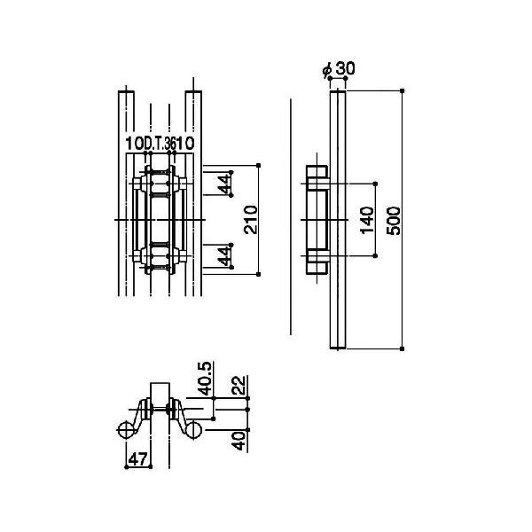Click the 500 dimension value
pyautogui.click(x=394, y=221)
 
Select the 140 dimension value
pyautogui.click(x=367, y=220)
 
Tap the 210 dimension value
pyautogui.click(x=251, y=220)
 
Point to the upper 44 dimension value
pyautogui.click(x=224, y=184)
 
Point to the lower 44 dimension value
pyautogui.click(x=224, y=256)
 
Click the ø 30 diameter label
pyautogui.click(x=339, y=68)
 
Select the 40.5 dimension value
pyautogui.click(x=205, y=379)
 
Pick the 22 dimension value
pyautogui.click(x=239, y=385)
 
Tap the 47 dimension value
pyautogui.click(x=138, y=459)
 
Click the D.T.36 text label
pyautogui.click(x=159, y=145)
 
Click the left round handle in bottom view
pyautogui.click(x=126, y=430)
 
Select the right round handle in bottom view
pyautogui.click(x=193, y=430)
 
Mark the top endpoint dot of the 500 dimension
pyautogui.click(x=403, y=90)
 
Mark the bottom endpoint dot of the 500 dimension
pyautogui.click(x=403, y=348)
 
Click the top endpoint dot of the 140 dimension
pyautogui.click(x=375, y=184)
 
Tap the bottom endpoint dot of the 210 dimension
pyautogui.click(x=259, y=274)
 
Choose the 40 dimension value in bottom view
pyautogui.click(x=239, y=441)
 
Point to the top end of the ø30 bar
pyautogui.click(x=338, y=91)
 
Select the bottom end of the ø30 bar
pyautogui.click(x=338, y=348)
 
